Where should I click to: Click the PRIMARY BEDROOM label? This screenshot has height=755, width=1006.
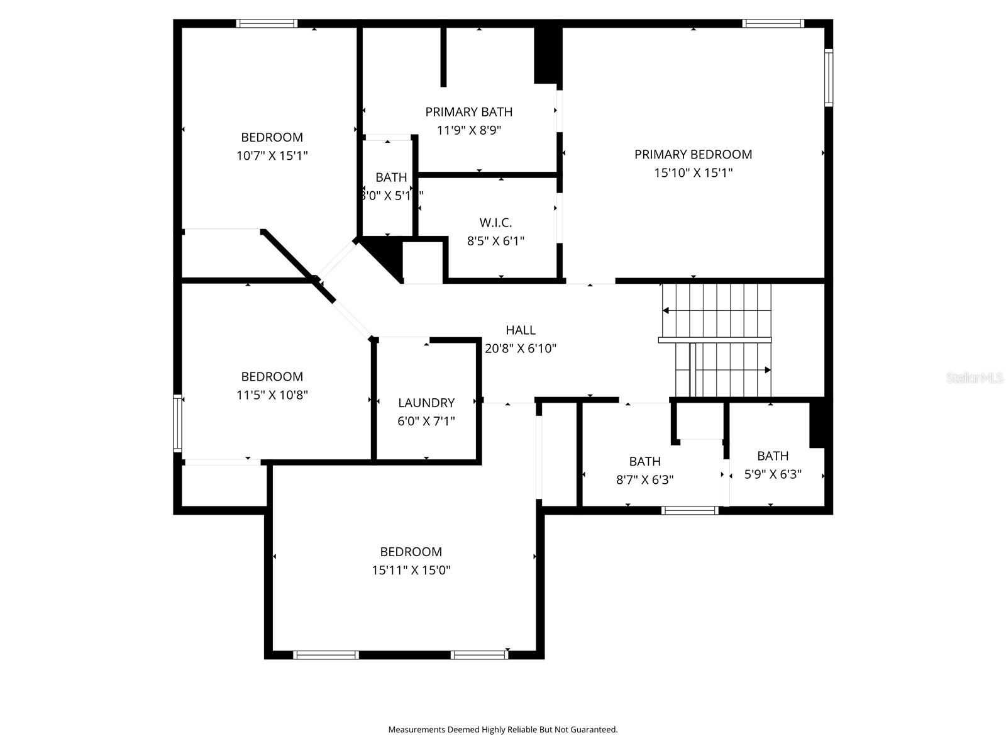(693, 154)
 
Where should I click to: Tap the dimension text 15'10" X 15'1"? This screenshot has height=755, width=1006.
(693, 172)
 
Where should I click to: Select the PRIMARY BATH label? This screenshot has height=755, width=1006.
(468, 112)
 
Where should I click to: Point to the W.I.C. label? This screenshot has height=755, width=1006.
(495, 223)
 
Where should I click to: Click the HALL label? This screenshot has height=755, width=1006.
(521, 330)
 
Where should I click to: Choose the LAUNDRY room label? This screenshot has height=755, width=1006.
(426, 403)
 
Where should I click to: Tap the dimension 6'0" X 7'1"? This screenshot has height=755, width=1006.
(426, 421)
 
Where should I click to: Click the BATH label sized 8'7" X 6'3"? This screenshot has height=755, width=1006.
(644, 461)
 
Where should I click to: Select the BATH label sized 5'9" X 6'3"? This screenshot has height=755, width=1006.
(773, 456)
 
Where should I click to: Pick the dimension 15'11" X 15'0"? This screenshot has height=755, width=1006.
(411, 570)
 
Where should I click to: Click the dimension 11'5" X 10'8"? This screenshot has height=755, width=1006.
(272, 395)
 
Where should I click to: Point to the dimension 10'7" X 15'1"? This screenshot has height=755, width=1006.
(272, 155)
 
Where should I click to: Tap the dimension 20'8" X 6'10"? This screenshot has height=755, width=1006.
(521, 348)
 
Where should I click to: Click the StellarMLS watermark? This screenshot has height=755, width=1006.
(975, 378)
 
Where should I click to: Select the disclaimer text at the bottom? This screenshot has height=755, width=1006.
(502, 730)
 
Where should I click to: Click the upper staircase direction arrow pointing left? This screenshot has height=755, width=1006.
(666, 310)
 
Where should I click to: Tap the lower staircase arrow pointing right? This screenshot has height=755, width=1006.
(767, 370)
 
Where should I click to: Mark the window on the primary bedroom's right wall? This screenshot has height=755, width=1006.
(829, 77)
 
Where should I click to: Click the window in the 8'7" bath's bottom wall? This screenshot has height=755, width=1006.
(690, 510)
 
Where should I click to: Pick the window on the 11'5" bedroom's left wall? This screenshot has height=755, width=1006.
(178, 423)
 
